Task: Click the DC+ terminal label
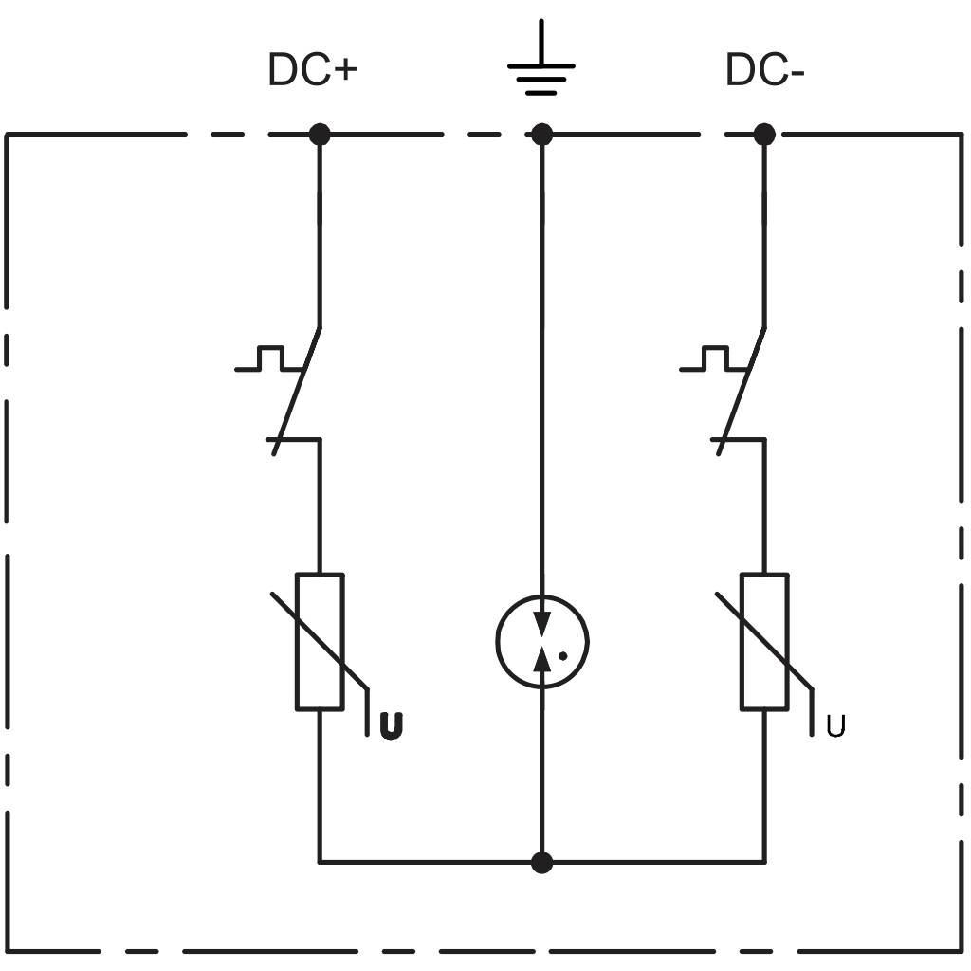[312, 69]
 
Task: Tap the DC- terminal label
[764, 69]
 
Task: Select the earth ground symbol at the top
[541, 58]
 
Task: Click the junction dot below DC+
[320, 134]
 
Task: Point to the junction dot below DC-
[764, 134]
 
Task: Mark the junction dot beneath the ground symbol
[541, 134]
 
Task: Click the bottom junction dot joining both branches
[541, 862]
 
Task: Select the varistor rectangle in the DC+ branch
[320, 641]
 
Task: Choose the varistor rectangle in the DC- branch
[764, 641]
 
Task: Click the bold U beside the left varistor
[391, 725]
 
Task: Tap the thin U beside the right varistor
[835, 725]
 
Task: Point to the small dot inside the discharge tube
[563, 656]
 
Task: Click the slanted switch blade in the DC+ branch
[297, 392]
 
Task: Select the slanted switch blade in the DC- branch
[742, 392]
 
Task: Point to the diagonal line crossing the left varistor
[320, 641]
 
